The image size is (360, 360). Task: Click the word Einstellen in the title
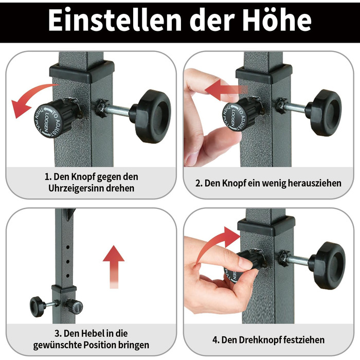pyautogui.click(x=115, y=20)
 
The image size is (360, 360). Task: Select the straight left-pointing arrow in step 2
pyautogui.click(x=226, y=90)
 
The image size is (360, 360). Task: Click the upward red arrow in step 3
pyautogui.click(x=114, y=266)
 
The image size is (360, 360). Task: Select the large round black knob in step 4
pyautogui.click(x=327, y=265)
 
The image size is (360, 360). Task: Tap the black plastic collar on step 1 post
pyautogui.click(x=82, y=71)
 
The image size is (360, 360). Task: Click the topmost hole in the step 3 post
pyautogui.click(x=68, y=247)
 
